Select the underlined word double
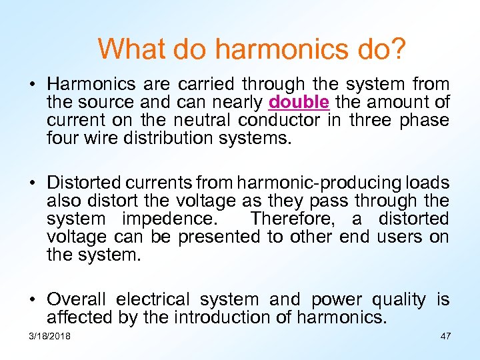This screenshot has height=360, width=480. pyautogui.click(x=299, y=103)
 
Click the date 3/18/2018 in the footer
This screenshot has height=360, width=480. pyautogui.click(x=50, y=336)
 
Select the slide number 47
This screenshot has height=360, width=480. pyautogui.click(x=445, y=336)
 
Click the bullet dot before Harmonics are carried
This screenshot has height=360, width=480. pyautogui.click(x=31, y=85)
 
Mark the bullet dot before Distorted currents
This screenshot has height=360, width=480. pyautogui.click(x=31, y=183)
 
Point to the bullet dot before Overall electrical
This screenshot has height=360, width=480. pyautogui.click(x=31, y=300)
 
